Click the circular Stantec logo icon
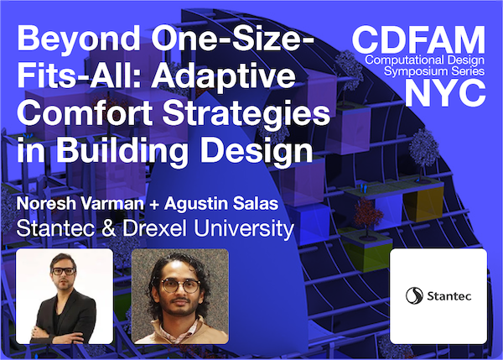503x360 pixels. (413, 295)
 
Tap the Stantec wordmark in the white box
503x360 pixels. (448, 295)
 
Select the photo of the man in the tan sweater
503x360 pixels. (179, 295)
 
